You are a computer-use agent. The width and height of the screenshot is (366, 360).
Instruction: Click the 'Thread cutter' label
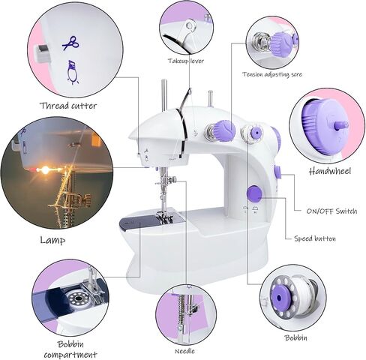coord(69,106)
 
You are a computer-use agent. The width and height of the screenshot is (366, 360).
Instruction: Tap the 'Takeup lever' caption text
coord(186,60)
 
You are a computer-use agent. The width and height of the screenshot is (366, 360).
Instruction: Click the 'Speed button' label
coord(315,238)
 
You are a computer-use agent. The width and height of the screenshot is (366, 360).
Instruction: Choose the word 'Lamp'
coord(52,241)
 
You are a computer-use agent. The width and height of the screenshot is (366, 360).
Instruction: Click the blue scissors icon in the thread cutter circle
coord(70,43)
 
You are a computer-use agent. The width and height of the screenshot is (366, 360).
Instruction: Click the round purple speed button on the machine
coord(254,193)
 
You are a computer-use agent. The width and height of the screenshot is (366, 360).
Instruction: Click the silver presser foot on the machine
coord(164,217)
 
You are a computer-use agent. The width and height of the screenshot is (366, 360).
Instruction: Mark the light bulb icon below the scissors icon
coord(73,72)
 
